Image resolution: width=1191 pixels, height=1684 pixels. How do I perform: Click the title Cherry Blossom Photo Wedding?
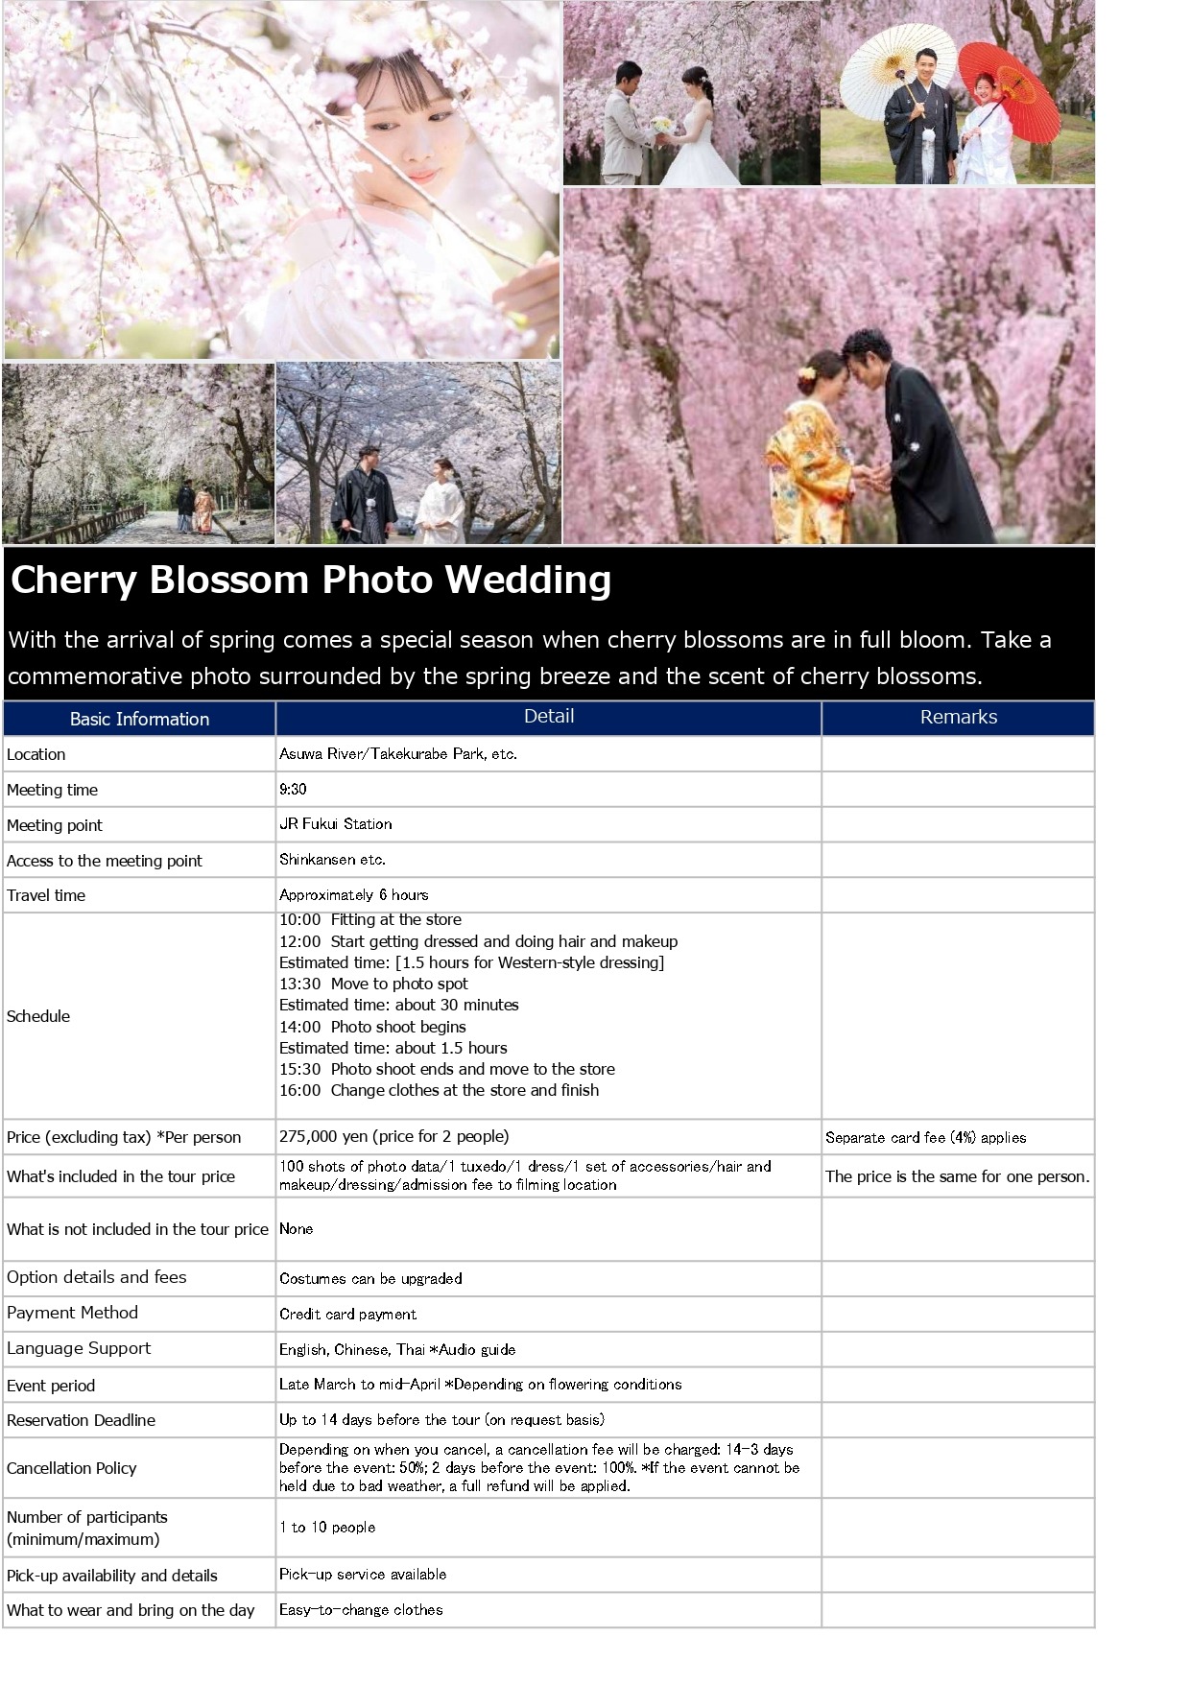point(310,580)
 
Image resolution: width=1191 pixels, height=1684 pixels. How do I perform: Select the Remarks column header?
point(958,717)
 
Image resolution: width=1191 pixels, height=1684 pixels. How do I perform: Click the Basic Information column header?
point(139,719)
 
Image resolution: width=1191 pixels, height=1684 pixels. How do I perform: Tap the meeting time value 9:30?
point(293,789)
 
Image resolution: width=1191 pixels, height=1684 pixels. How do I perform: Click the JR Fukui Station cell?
point(335,823)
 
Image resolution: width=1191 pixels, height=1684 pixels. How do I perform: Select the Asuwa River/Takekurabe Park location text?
point(397,753)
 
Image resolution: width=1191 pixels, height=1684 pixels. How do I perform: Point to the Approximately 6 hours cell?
point(353,894)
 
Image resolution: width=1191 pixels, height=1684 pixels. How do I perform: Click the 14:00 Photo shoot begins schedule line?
point(372,1027)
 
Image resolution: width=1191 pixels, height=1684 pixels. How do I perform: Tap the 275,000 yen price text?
point(393,1136)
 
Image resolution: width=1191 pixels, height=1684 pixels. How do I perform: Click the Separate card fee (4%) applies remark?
point(925,1137)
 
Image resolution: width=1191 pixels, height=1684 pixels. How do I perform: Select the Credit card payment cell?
point(347,1314)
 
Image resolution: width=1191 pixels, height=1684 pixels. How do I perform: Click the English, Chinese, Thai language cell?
point(396,1349)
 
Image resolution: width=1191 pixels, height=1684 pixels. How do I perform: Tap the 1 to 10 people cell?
point(326,1527)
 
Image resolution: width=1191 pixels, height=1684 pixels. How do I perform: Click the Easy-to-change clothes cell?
point(361,1609)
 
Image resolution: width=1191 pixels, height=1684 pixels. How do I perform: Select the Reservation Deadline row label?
point(81,1420)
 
